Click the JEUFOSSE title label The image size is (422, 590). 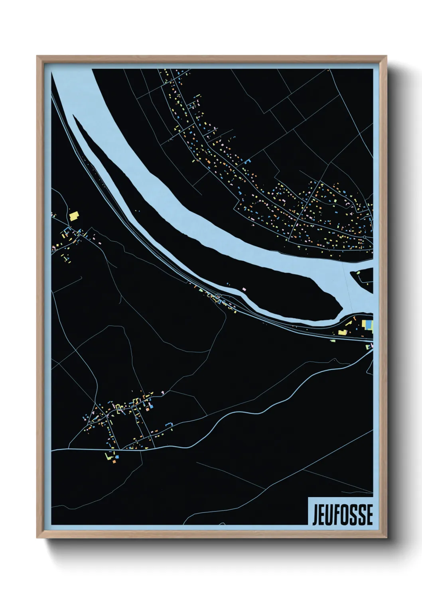pyautogui.click(x=343, y=515)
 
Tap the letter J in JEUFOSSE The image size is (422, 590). pyautogui.click(x=316, y=515)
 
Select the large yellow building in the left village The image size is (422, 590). pyautogui.click(x=74, y=216)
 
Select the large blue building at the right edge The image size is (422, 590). pyautogui.click(x=369, y=324)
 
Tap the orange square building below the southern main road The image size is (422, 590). pyautogui.click(x=114, y=461)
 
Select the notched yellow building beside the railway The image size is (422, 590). pyautogui.click(x=342, y=332)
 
